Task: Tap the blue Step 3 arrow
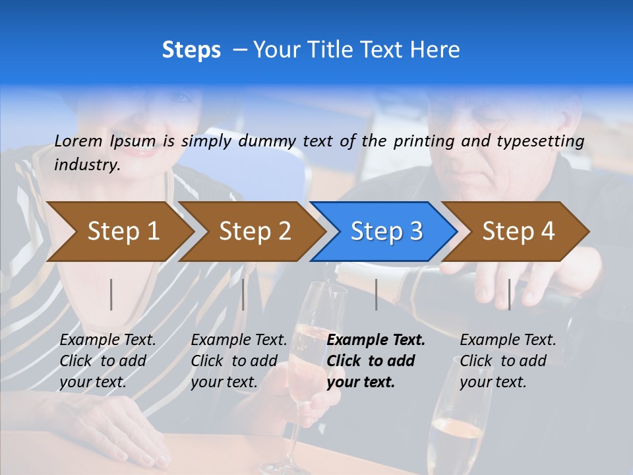(386, 231)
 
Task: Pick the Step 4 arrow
(518, 231)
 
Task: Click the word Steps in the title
(191, 50)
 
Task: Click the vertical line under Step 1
(111, 294)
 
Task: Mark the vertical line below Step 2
(243, 294)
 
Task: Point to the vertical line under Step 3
(376, 294)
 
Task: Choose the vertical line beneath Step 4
(509, 294)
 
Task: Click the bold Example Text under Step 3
(376, 340)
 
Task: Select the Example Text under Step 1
(107, 340)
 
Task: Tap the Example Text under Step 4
(508, 340)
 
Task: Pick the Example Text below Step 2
(239, 340)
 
